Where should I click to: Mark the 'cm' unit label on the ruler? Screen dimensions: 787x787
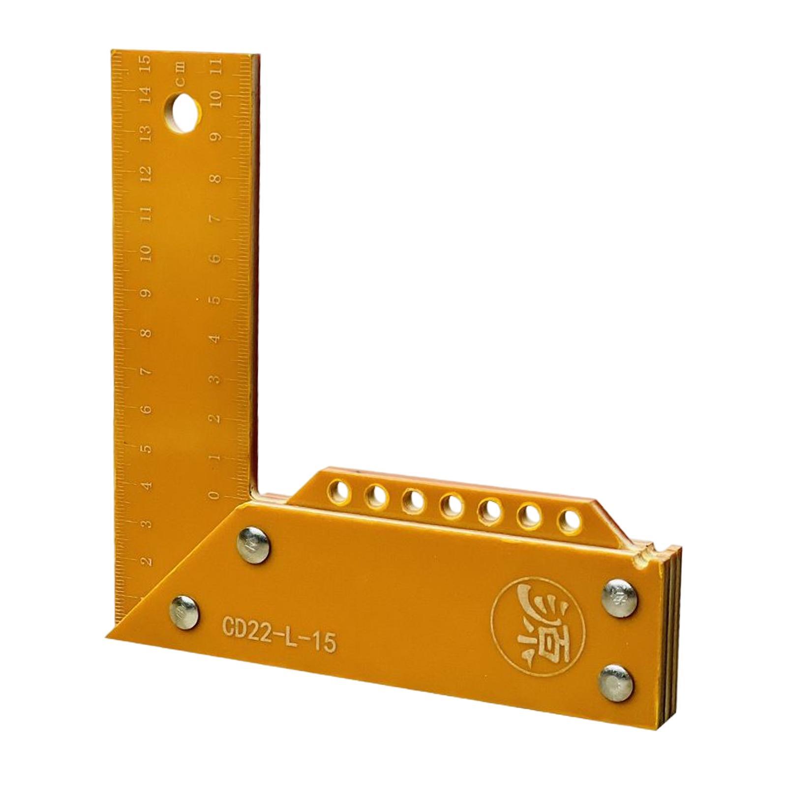pyautogui.click(x=181, y=70)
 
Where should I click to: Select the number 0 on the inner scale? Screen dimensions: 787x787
pyautogui.click(x=214, y=494)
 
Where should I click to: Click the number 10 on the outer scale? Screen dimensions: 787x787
pyautogui.click(x=145, y=255)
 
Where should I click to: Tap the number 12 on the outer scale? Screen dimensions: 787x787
pyautogui.click(x=145, y=174)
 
